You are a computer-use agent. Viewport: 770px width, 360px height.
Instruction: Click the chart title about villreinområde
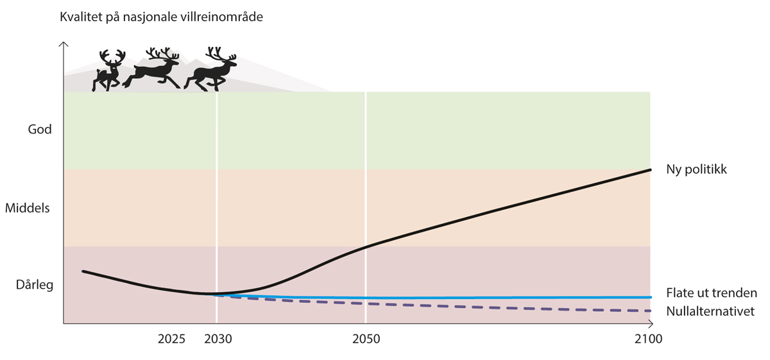(x=161, y=17)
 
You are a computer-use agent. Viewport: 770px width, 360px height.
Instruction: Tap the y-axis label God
(x=39, y=130)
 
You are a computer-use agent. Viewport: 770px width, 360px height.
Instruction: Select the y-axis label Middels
(x=27, y=208)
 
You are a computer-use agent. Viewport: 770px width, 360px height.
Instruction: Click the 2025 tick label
(x=171, y=338)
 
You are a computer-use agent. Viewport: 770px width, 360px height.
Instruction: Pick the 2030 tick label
(x=218, y=338)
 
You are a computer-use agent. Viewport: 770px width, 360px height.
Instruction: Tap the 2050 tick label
(x=366, y=338)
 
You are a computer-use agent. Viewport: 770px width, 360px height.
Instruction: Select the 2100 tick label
(x=649, y=338)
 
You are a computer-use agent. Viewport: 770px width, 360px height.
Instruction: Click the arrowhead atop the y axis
(x=63, y=45)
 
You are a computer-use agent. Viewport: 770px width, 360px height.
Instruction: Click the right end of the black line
(x=650, y=169)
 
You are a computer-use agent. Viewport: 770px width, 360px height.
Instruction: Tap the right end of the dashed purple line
(x=650, y=311)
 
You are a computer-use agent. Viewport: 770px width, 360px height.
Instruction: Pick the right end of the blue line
(x=650, y=297)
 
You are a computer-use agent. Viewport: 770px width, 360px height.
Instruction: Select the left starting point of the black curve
(x=83, y=271)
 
